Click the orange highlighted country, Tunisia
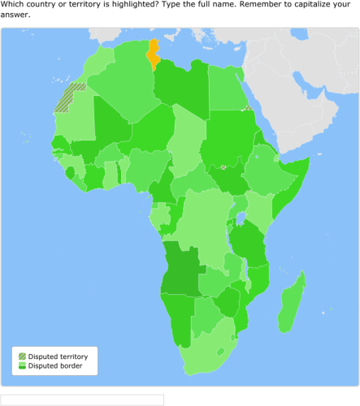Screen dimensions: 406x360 pyautogui.click(x=152, y=55)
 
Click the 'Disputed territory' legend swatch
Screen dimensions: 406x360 pyautogui.click(x=22, y=356)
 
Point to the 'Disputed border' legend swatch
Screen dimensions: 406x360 pyautogui.click(x=22, y=366)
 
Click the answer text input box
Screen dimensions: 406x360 pyautogui.click(x=82, y=400)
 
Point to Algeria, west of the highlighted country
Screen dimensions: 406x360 pyautogui.click(x=122, y=81)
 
